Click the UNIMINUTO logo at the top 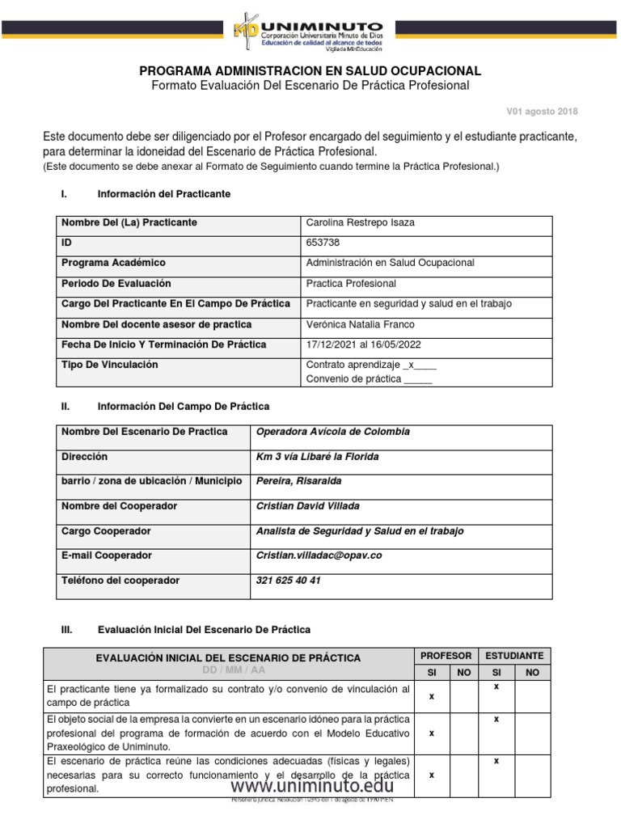coord(310,32)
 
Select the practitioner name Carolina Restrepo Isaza coord(361,223)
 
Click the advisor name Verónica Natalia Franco coord(361,324)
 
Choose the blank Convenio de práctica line coord(369,379)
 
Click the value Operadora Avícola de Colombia coord(332,432)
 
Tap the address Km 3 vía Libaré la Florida coord(318,457)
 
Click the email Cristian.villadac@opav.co coord(318,556)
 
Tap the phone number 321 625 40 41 coord(288,581)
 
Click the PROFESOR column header coord(446,655)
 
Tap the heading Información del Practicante coord(163,194)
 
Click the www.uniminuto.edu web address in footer coord(312,785)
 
